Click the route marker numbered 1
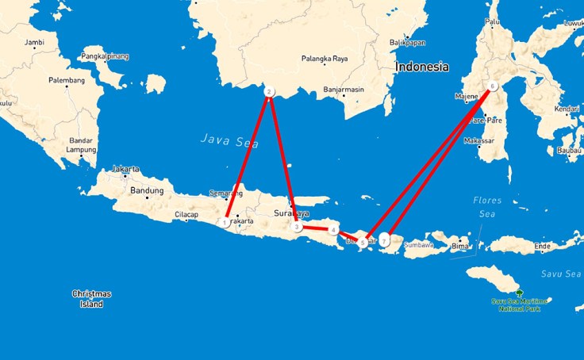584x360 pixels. (x=226, y=223)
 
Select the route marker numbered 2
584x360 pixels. (x=269, y=92)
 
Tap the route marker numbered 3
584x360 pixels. (x=297, y=227)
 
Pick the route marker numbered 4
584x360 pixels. (x=333, y=230)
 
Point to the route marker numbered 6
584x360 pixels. (x=493, y=86)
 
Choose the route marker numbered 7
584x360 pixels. (x=384, y=239)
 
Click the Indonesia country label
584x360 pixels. (x=422, y=67)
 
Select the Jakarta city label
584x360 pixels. (x=125, y=169)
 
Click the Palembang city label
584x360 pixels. (x=67, y=81)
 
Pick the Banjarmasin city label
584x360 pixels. (x=343, y=90)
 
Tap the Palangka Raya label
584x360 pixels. (x=324, y=59)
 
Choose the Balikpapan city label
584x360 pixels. (x=408, y=42)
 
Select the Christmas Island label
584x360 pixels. (x=92, y=298)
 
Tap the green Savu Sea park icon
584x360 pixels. (x=519, y=293)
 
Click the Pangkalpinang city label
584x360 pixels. (x=105, y=56)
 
